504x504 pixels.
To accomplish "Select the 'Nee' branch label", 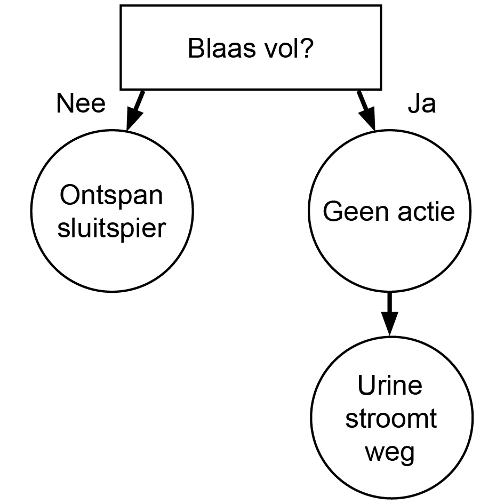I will [81, 104].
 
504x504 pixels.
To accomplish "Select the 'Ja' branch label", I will [421, 105].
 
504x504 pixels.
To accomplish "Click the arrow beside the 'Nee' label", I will [134, 110].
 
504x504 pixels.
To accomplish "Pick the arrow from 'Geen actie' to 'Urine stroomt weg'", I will [389, 313].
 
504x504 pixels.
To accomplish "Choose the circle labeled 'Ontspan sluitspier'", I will [112, 211].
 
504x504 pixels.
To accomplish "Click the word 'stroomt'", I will [390, 419].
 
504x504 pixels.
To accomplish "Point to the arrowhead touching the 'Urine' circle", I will [389, 325].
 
